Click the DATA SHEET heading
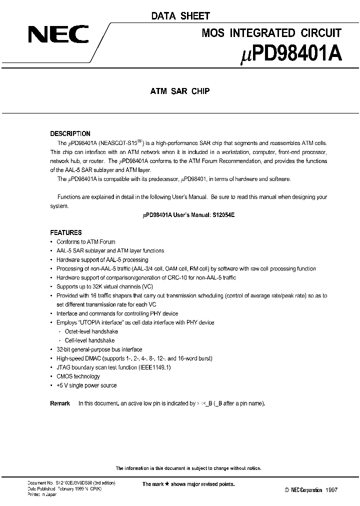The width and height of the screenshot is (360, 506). coord(180,16)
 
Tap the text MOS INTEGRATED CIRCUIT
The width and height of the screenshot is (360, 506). coord(271,33)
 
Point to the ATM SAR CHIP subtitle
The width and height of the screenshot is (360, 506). coord(180,91)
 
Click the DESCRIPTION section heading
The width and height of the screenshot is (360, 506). coord(70,133)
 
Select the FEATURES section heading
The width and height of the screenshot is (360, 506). coord(66,232)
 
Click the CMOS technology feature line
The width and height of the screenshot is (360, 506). coord(78,376)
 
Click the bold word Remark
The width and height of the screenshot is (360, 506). coord(60,403)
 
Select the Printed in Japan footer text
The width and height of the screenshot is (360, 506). coord(41,494)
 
